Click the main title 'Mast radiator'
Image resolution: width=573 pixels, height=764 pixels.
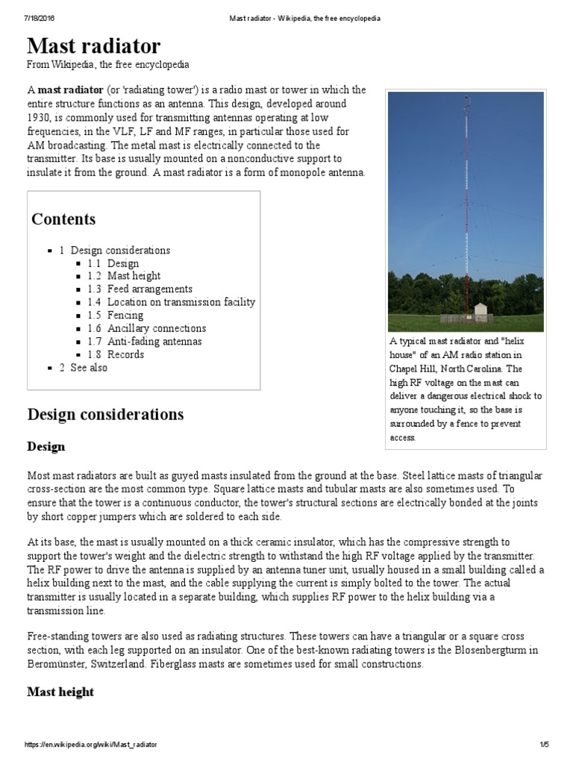(x=94, y=46)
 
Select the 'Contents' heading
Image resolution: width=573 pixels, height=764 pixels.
(x=63, y=219)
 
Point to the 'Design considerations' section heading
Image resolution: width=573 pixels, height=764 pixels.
(x=105, y=414)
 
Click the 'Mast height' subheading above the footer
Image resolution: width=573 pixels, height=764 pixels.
(x=60, y=692)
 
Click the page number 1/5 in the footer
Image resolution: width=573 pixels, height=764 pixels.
(x=544, y=745)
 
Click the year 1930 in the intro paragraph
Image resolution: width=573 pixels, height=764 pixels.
(x=41, y=118)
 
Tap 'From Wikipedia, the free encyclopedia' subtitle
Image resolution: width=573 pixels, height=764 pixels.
(x=108, y=65)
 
